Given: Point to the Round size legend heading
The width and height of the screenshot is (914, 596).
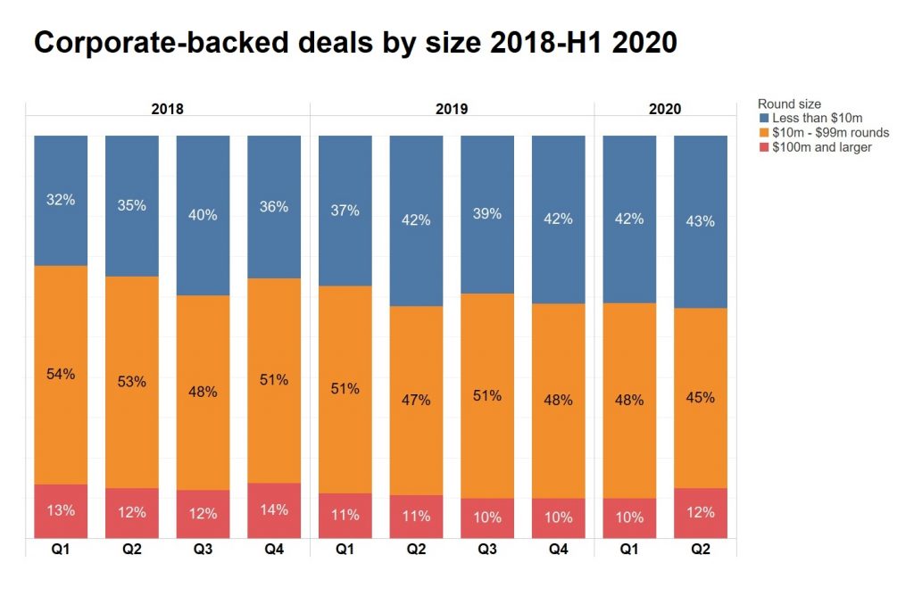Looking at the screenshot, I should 788,104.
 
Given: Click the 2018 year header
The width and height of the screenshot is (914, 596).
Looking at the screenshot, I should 167,110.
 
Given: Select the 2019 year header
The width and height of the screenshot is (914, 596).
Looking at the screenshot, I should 452,110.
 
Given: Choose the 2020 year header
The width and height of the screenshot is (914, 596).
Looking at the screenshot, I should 665,110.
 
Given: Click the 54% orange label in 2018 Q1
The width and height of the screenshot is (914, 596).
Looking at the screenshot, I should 61,374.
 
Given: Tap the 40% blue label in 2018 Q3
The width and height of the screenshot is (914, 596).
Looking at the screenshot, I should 203,214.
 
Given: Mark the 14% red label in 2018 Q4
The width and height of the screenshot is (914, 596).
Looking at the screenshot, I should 274,510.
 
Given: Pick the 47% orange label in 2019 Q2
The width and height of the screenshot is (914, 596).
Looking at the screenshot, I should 416,400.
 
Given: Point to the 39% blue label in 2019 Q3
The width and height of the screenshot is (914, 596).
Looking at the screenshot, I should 487,214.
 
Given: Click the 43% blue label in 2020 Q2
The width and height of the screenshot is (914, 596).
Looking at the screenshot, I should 701,221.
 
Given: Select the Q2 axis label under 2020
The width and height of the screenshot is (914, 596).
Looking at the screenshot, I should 701,550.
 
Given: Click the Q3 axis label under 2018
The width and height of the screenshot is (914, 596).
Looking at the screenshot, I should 203,550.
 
